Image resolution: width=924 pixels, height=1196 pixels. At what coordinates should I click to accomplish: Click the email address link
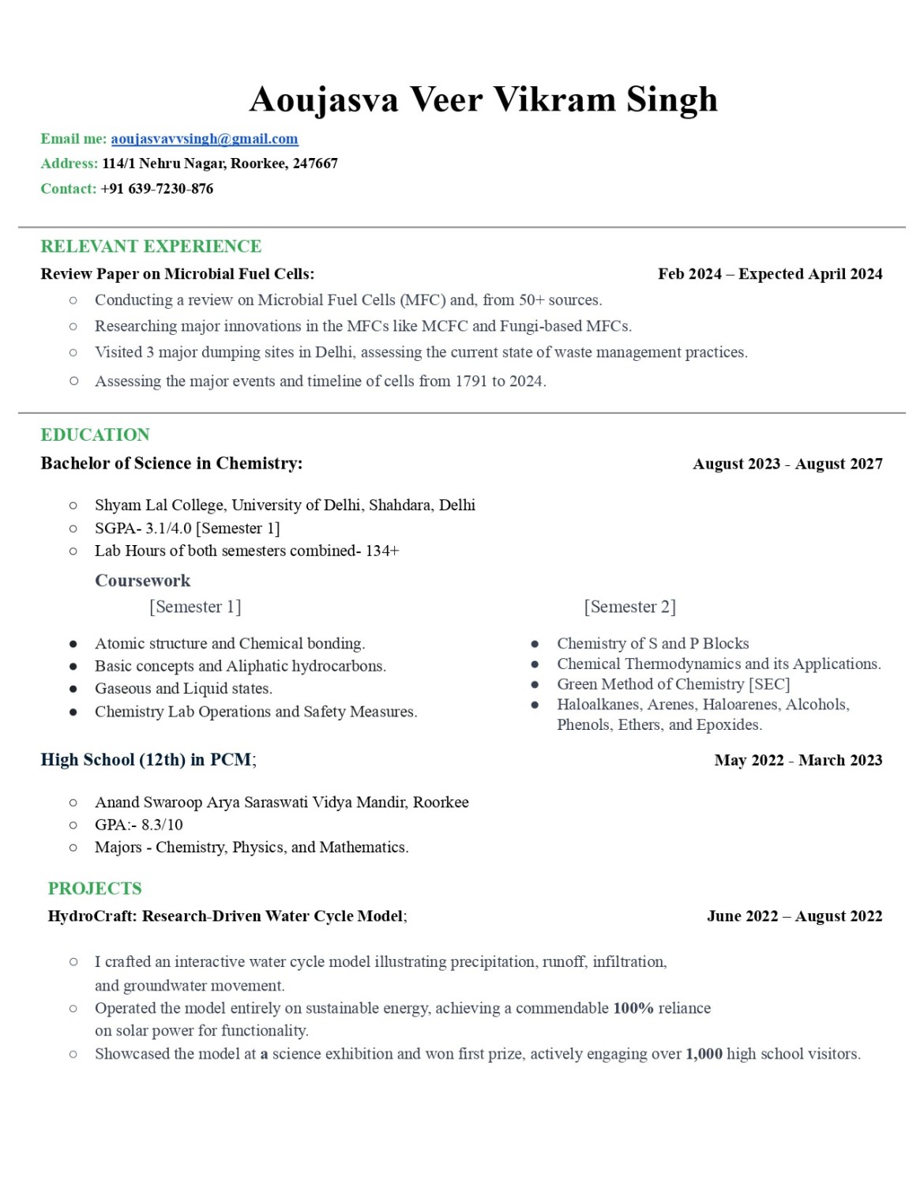(205, 139)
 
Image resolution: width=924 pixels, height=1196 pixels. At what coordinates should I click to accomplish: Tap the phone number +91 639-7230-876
(157, 189)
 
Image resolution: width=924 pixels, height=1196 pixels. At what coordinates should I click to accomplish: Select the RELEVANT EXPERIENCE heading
(151, 246)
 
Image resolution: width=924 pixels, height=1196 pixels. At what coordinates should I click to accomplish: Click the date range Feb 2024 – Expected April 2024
(770, 274)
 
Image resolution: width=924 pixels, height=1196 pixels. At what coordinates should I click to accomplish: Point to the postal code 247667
(315, 164)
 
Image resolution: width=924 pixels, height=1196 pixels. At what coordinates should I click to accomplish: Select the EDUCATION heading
(95, 434)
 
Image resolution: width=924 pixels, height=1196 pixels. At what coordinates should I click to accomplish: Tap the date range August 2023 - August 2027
(787, 464)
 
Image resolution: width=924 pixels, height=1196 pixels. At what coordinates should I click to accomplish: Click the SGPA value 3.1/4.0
(168, 528)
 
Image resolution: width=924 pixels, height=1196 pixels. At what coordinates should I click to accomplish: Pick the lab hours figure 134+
(382, 551)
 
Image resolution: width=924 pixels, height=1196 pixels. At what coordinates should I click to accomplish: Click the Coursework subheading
(142, 581)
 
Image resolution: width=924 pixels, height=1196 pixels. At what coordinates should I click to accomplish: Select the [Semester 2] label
(629, 607)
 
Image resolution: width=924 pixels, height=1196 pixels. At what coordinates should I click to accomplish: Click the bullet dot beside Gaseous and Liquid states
(73, 689)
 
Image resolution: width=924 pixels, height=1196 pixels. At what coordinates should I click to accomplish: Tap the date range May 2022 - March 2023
(798, 760)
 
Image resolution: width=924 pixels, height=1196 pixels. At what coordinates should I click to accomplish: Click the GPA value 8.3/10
(162, 825)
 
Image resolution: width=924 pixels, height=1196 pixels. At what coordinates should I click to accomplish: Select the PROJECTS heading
(95, 889)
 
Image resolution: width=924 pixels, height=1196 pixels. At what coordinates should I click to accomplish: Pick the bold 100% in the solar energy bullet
(633, 1009)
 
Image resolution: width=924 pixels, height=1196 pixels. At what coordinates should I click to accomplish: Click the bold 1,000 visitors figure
(704, 1054)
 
